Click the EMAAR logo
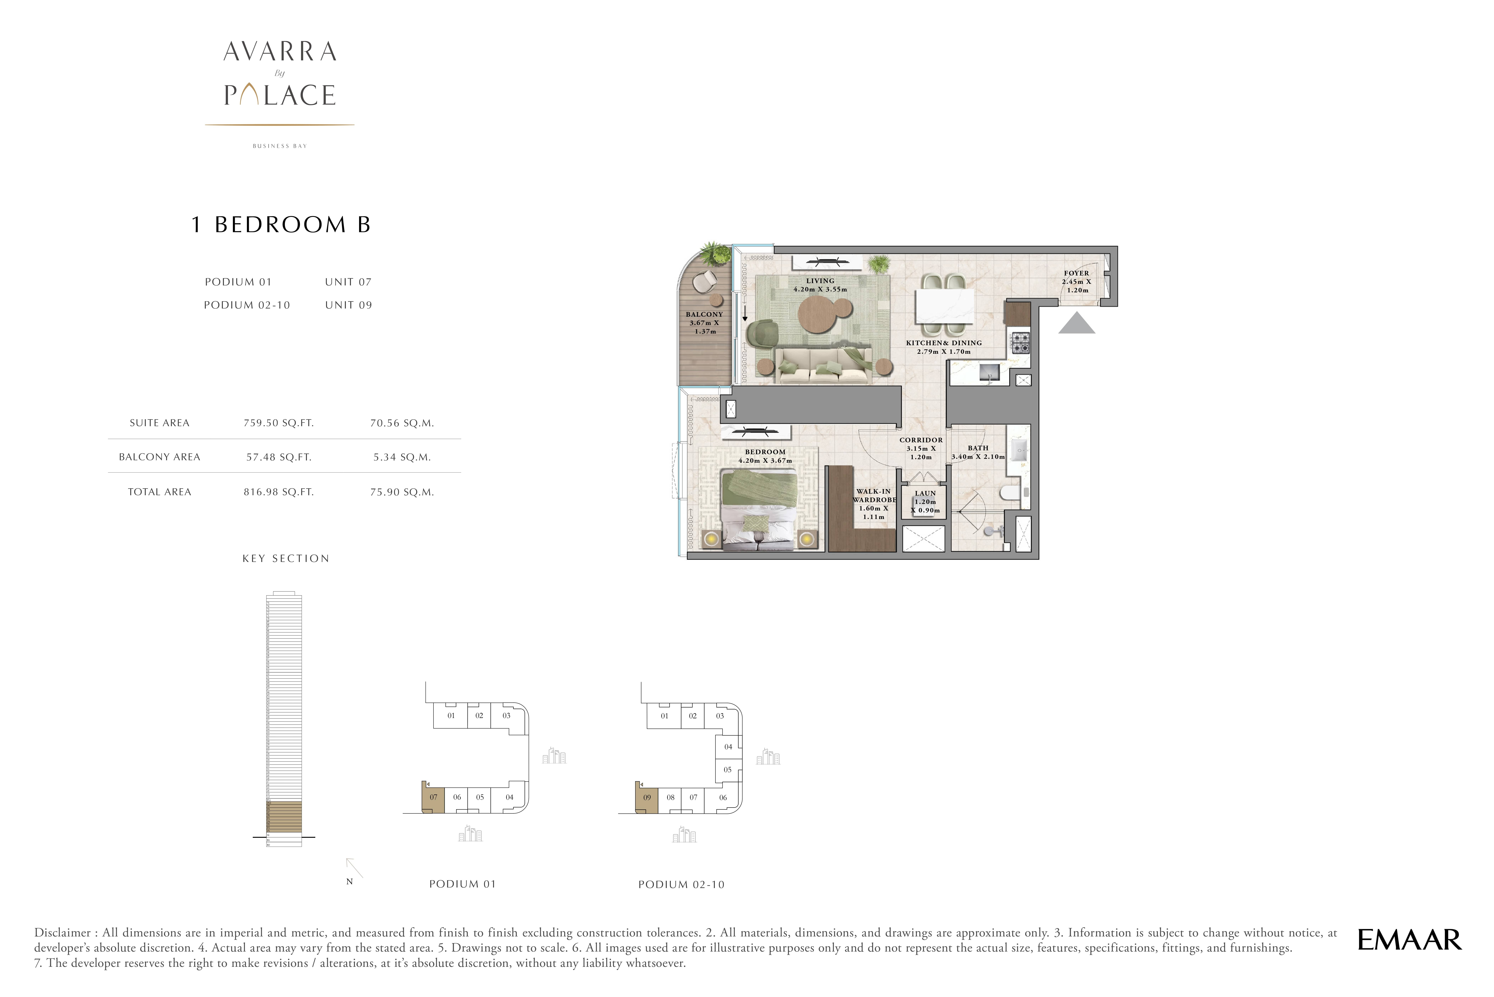(1409, 940)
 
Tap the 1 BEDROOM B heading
(281, 225)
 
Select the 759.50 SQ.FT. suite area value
(278, 423)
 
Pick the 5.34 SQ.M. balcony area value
(402, 457)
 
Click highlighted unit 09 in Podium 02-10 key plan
(647, 797)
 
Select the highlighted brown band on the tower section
(283, 817)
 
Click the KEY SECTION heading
(285, 558)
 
